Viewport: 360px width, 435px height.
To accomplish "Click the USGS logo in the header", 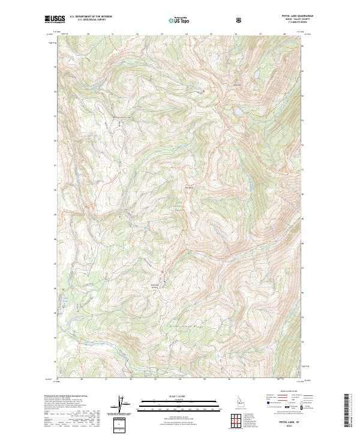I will point(55,19).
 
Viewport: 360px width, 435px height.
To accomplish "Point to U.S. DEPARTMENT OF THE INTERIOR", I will point(91,17).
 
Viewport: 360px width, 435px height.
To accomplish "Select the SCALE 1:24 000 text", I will point(179,395).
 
